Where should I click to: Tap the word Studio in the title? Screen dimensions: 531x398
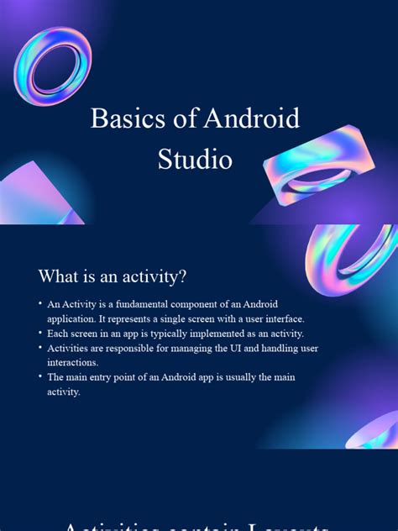pyautogui.click(x=195, y=158)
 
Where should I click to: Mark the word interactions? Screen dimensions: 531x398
pyautogui.click(x=73, y=362)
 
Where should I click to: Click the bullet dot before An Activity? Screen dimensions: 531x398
pyautogui.click(x=39, y=304)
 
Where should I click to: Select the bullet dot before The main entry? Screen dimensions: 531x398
pyautogui.click(x=39, y=377)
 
